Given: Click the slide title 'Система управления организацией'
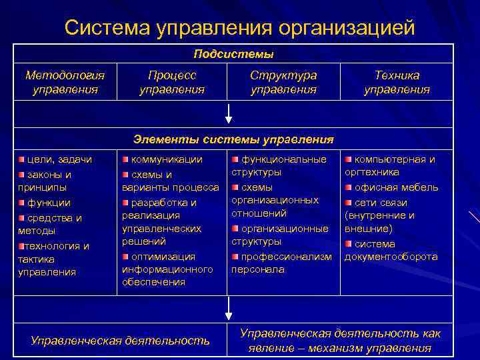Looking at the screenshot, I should click(x=240, y=28).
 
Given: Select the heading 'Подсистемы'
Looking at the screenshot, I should click(x=233, y=53).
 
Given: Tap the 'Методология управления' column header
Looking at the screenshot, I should click(x=65, y=82).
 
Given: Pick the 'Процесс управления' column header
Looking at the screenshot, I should click(x=171, y=82).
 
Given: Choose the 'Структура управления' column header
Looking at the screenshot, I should click(x=283, y=82).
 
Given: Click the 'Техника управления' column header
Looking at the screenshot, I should click(x=397, y=82).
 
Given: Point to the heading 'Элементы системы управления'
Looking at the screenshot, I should click(x=233, y=139).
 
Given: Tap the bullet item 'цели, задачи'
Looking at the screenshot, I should click(x=60, y=159).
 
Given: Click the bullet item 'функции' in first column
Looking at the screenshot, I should click(x=53, y=203).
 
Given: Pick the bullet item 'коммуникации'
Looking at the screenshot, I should click(x=167, y=159).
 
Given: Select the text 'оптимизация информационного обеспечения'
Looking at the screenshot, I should click(x=167, y=269).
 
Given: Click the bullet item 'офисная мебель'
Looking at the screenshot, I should click(x=396, y=187).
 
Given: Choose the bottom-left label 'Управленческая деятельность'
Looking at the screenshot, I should click(x=120, y=341).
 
